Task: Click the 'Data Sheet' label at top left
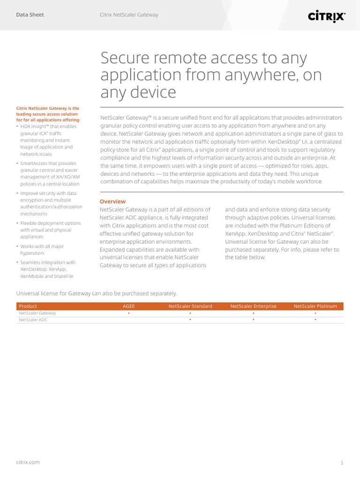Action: tap(30, 15)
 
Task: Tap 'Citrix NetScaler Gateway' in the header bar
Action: tap(129, 15)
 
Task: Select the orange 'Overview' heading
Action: tap(112, 202)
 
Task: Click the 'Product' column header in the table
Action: tap(28, 306)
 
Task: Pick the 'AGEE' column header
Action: tap(128, 306)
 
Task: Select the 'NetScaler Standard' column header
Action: tap(190, 306)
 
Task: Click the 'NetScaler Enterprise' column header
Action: tap(253, 306)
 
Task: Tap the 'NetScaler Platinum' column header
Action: tap(315, 306)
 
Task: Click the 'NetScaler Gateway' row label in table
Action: tap(37, 313)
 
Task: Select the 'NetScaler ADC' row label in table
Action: tap(33, 320)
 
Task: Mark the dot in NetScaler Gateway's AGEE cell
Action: tap(128, 313)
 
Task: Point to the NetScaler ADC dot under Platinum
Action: tap(315, 320)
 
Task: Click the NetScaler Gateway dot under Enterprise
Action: tap(253, 313)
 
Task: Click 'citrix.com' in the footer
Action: tap(28, 462)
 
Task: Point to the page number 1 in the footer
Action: tap(342, 463)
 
